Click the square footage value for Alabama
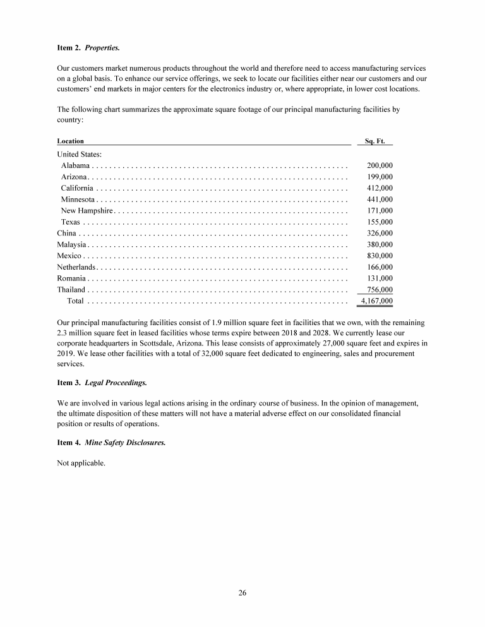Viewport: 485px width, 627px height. pos(380,165)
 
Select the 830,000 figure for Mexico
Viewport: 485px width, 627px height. pos(380,256)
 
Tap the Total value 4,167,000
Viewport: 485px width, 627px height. pos(376,301)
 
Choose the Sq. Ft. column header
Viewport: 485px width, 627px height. pos(375,141)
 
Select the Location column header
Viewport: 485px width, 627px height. pos(70,141)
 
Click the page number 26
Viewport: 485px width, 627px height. pos(242,592)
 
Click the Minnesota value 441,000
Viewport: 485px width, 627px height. pos(380,200)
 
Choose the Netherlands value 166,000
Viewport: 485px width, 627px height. pos(380,267)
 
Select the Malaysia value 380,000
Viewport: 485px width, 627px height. pos(380,244)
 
